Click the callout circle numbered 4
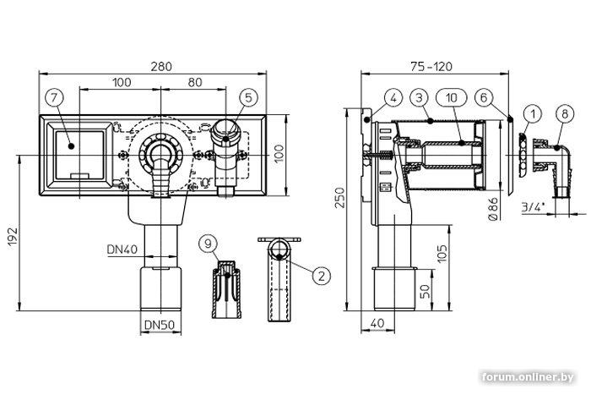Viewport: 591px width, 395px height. tap(396, 99)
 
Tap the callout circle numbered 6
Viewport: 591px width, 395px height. tap(484, 99)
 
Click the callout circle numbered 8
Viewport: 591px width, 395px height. tap(562, 112)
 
